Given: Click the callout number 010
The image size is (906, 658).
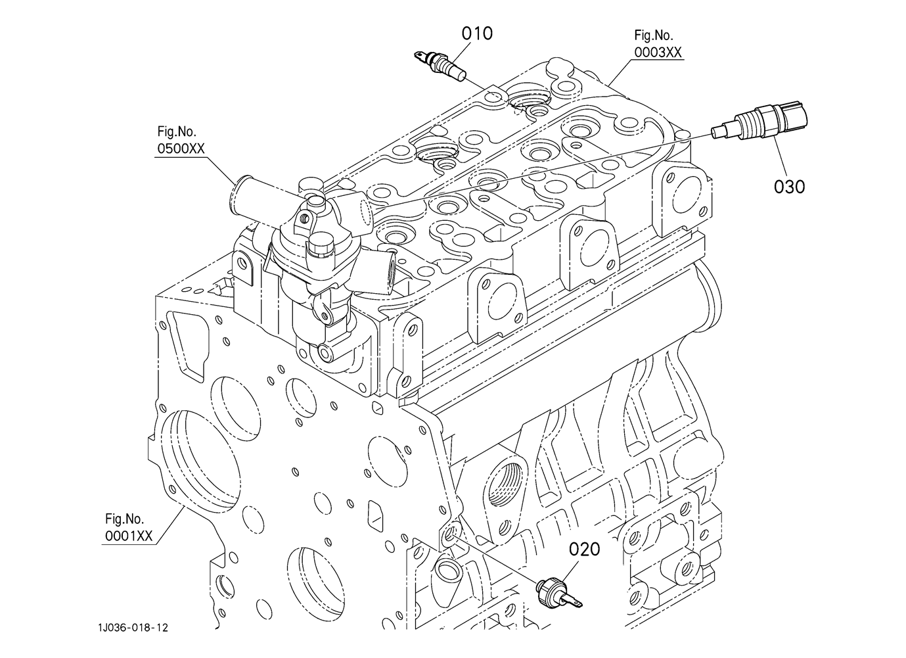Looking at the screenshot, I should tap(477, 33).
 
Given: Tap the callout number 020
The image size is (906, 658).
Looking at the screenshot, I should tap(585, 548).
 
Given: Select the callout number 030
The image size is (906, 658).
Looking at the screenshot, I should tap(789, 187).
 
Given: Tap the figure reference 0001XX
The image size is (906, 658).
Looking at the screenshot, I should tap(129, 536).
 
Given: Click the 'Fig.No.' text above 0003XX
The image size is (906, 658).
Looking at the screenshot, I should tap(653, 35).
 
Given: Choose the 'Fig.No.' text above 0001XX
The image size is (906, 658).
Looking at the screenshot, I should tap(124, 519).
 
